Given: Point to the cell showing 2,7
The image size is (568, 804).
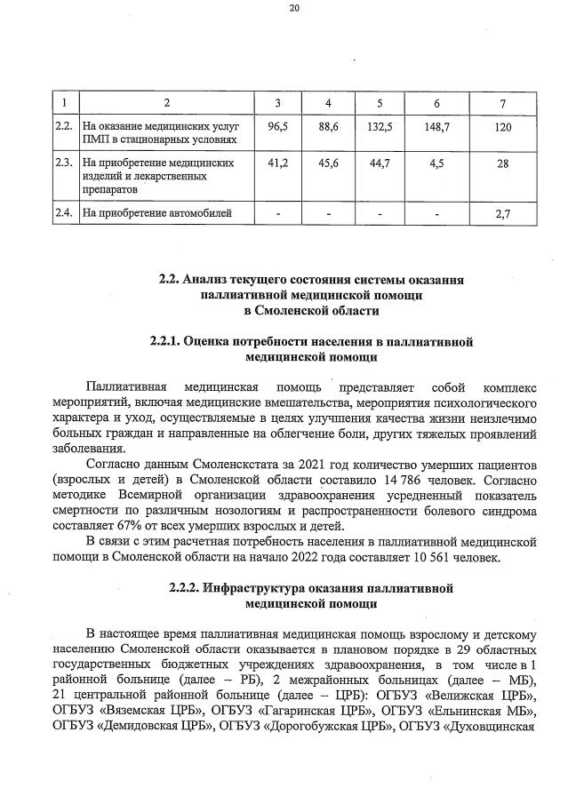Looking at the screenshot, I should pos(503,213).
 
